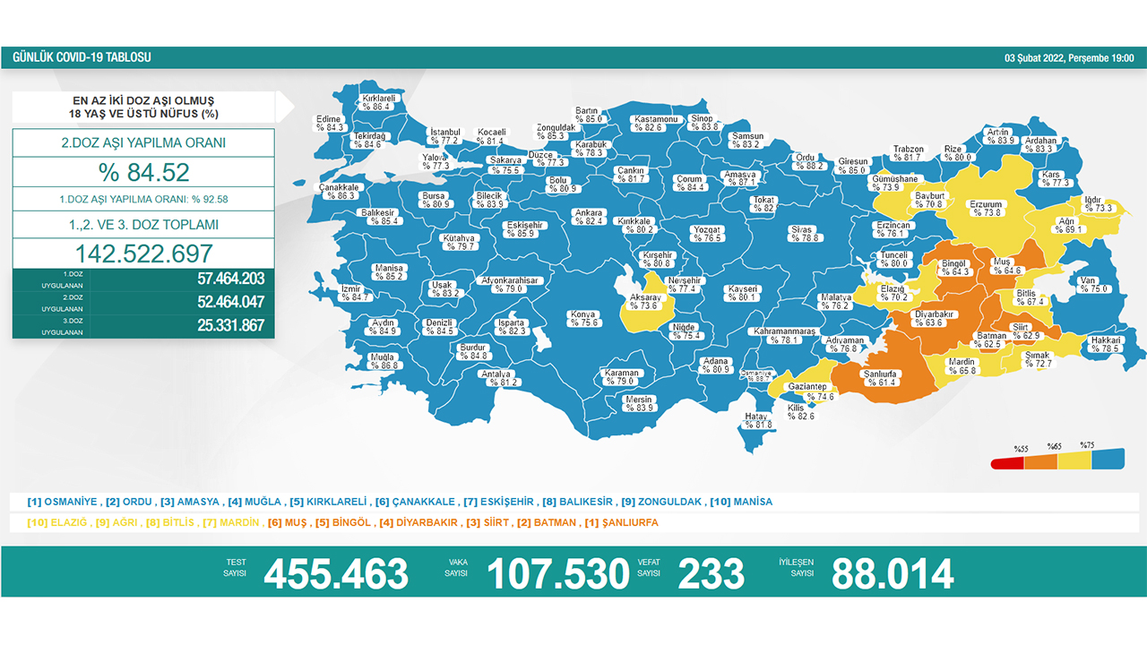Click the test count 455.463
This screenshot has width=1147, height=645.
coord(336,574)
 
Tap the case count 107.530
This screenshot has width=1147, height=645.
coord(557,574)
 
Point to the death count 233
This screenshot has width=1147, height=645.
coord(711,574)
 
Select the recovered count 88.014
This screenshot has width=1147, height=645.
coord(892,574)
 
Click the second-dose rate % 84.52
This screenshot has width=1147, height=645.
coord(143,171)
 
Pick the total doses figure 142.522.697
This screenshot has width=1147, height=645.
coord(143,253)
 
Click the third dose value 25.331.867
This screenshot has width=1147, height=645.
coord(230,325)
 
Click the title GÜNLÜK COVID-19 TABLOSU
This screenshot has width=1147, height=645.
coord(82,57)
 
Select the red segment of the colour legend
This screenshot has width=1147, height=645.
coord(1007,463)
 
